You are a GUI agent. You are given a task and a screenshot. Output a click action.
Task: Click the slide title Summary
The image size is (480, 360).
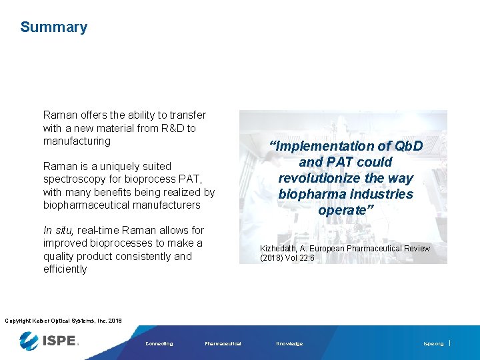53,27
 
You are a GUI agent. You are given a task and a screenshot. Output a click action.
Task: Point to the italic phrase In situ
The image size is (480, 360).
58,230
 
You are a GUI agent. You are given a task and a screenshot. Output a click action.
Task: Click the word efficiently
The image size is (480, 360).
65,269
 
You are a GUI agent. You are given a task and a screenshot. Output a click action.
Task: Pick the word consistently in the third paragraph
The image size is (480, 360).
139,256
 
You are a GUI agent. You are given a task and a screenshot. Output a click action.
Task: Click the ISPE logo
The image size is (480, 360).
49,342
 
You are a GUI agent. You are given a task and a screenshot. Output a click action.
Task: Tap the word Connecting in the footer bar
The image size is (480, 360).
159,344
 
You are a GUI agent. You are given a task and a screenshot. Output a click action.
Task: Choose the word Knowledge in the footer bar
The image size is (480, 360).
289,344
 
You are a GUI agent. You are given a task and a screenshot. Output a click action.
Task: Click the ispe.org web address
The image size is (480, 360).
433,344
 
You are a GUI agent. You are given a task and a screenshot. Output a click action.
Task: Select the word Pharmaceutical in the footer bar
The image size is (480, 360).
223,344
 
